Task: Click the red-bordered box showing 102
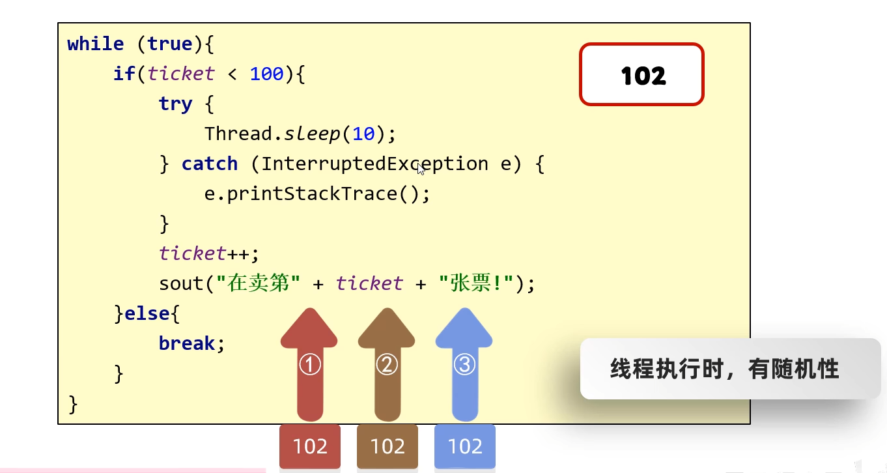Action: (x=641, y=74)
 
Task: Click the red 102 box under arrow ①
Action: (x=310, y=446)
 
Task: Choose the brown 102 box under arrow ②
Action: (x=387, y=446)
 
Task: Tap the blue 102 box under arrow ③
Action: (x=465, y=446)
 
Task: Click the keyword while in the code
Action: (x=95, y=44)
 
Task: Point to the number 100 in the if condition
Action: (x=267, y=74)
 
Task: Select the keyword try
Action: (x=175, y=104)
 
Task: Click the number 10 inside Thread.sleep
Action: (x=363, y=134)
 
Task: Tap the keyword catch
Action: (x=210, y=164)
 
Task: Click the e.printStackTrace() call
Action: (x=317, y=194)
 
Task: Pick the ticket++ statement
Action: (x=209, y=253)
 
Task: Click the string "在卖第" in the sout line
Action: (x=258, y=284)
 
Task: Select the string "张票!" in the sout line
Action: (x=477, y=284)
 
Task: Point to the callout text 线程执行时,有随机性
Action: (x=724, y=369)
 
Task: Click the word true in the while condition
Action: (x=169, y=44)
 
